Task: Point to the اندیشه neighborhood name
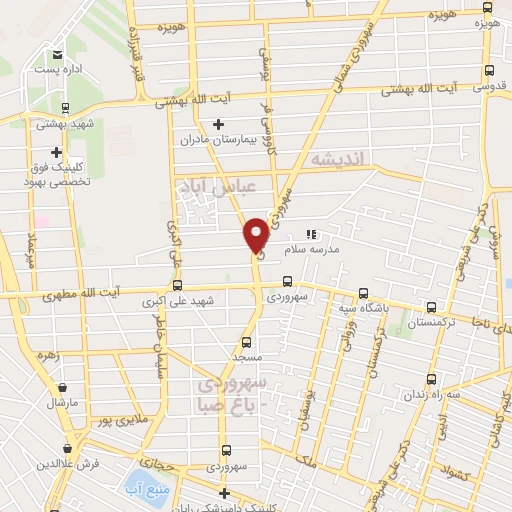pyautogui.click(x=340, y=159)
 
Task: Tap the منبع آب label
pyautogui.click(x=145, y=490)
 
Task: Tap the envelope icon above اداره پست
pyautogui.click(x=57, y=55)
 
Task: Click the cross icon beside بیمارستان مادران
pyautogui.click(x=219, y=124)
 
